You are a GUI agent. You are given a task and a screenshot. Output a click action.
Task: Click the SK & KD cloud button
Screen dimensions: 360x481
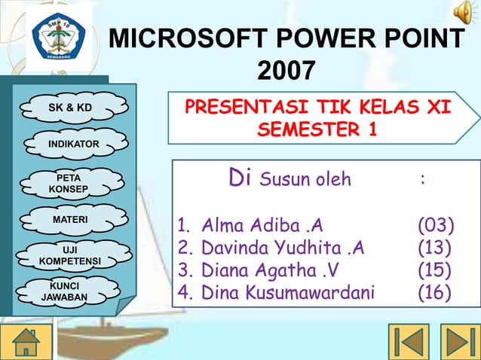point(70,108)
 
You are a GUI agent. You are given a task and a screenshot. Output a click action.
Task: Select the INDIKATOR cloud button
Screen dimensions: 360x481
point(69,144)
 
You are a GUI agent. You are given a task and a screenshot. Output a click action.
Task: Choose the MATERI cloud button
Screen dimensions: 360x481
point(69,219)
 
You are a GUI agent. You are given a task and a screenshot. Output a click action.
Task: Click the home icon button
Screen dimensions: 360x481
point(28,340)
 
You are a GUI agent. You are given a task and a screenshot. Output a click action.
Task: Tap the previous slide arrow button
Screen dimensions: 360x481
point(409,340)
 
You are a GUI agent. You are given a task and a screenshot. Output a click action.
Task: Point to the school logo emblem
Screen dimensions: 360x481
point(60,34)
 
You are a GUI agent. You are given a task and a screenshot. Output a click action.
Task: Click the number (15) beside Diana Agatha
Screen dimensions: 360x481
point(435,269)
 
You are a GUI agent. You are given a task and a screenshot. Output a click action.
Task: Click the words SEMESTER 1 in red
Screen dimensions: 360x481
point(317,130)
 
